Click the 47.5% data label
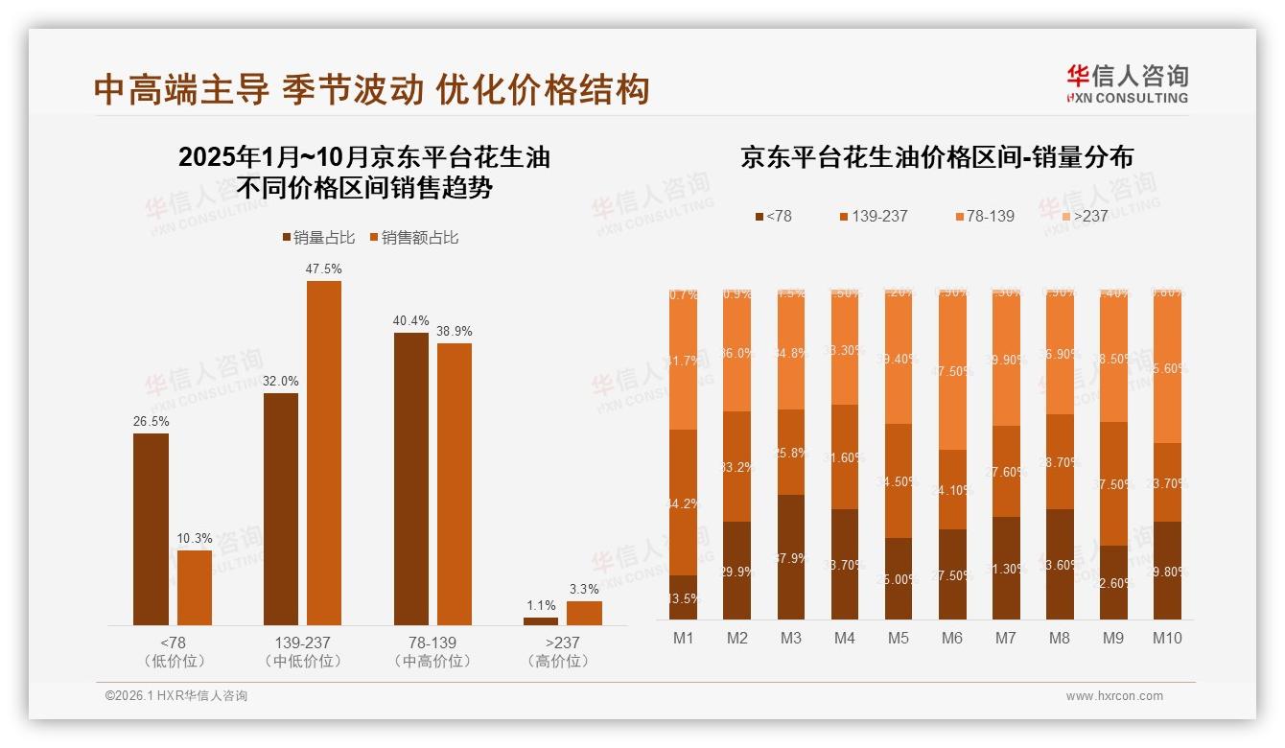point(323,269)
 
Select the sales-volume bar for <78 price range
point(151,529)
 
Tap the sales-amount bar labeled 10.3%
point(195,588)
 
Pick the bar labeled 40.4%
point(411,479)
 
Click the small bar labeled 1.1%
point(541,621)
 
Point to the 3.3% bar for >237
point(584,613)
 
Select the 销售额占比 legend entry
point(413,238)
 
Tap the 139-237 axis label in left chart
point(302,643)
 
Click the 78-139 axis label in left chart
point(432,643)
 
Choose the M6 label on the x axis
point(952,639)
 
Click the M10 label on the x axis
point(1167,639)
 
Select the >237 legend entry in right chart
point(1084,217)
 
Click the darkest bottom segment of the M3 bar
point(791,557)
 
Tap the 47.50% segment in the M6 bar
point(952,370)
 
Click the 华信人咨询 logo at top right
point(1127,83)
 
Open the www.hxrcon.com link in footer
point(1114,696)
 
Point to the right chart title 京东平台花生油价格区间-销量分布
point(936,157)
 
